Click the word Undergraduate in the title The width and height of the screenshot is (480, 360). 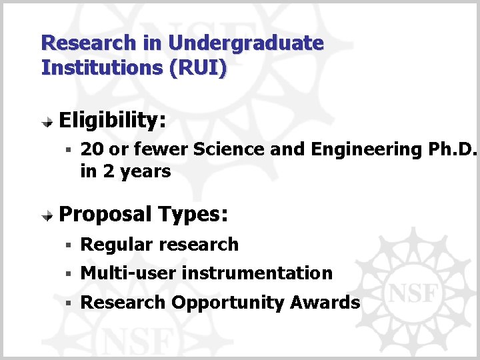(245, 44)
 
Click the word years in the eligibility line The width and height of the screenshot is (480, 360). (146, 171)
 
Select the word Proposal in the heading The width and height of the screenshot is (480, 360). (105, 215)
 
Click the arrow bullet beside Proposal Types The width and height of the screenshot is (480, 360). (49, 216)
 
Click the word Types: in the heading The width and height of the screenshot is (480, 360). (194, 215)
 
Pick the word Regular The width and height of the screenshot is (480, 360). (117, 245)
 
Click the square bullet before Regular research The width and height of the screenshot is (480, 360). (68, 245)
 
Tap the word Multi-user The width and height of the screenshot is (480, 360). (128, 273)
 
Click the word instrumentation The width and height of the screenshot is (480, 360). (257, 273)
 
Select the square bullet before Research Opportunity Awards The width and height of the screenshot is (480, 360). (68, 303)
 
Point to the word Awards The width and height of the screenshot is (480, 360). (325, 303)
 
